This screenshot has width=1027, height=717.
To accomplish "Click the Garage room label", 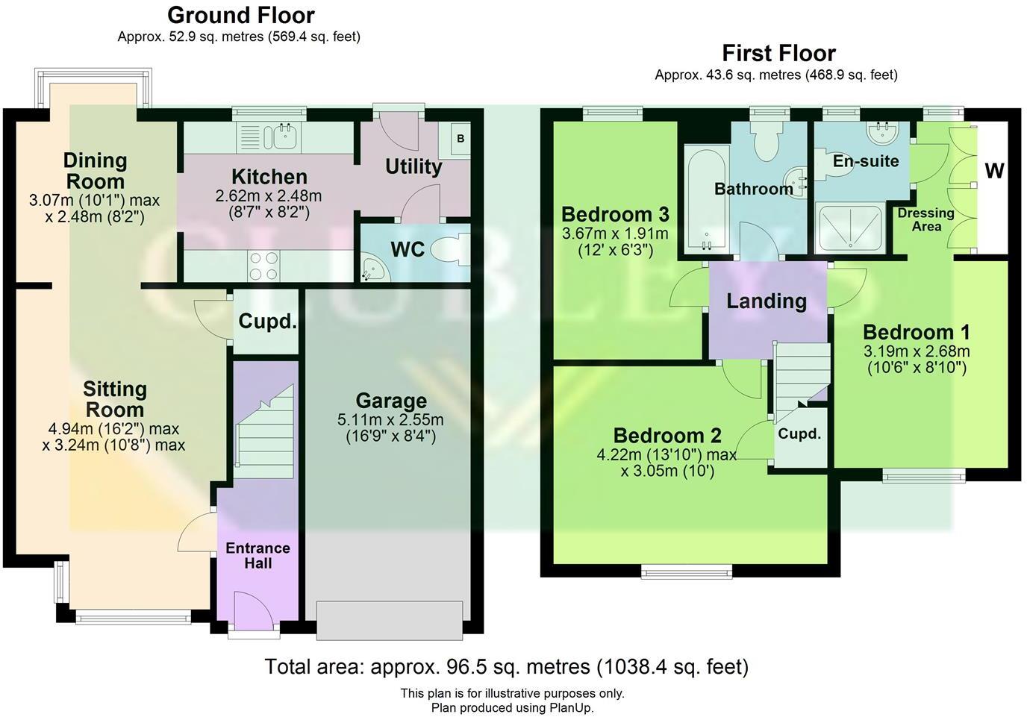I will click(x=391, y=401).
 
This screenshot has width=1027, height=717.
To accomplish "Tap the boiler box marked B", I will click(x=461, y=139).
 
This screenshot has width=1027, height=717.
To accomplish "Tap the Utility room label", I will click(x=413, y=166).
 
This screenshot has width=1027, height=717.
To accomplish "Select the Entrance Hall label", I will click(x=258, y=556).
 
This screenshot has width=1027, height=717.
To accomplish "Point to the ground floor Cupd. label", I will click(x=267, y=322).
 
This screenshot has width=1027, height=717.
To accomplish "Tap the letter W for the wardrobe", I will click(x=994, y=171).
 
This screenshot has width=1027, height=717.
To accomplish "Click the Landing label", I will click(x=767, y=301).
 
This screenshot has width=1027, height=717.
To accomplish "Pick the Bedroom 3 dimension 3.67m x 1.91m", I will click(x=615, y=234).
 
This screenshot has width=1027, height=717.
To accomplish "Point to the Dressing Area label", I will click(x=925, y=219).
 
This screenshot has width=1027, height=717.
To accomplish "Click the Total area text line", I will click(x=506, y=666).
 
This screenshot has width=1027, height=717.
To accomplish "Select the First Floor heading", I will click(x=778, y=53).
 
